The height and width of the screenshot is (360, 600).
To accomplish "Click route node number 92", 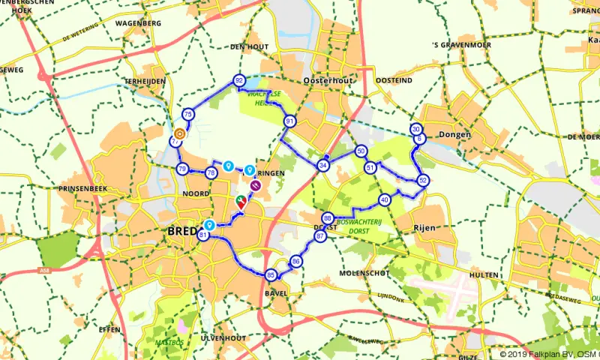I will tap(239, 80).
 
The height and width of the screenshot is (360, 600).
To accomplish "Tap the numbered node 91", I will tap(289, 121).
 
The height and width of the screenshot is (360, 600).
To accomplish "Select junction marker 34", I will tap(323, 165).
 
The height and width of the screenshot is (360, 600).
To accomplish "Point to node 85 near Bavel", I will tap(271, 275).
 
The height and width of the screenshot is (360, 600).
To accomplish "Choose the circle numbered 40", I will tap(385, 200).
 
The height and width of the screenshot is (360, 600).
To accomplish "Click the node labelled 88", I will tap(327, 218).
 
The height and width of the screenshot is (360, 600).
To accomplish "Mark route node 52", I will tap(423, 180).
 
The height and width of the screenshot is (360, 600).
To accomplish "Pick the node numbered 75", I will tap(188, 114).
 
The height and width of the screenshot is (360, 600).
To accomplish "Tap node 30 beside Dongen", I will tap(416, 129).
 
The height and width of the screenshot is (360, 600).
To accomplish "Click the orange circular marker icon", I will tap(179, 135).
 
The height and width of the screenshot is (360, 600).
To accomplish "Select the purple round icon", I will tap(255, 185).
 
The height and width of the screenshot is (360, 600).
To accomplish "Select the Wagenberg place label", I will tap(138, 23).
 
